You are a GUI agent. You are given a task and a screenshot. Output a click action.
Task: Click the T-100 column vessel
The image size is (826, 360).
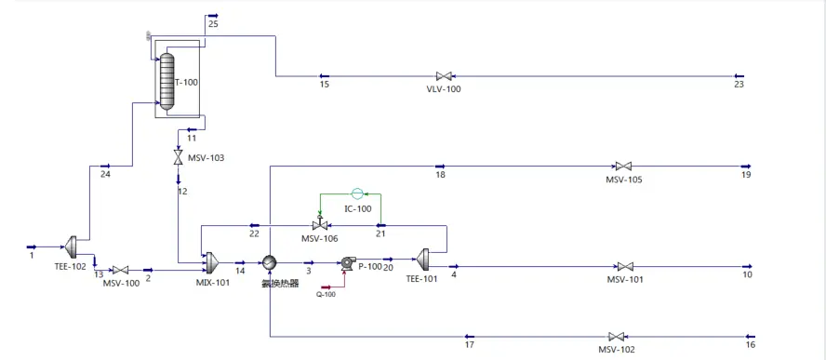pyautogui.click(x=167, y=82)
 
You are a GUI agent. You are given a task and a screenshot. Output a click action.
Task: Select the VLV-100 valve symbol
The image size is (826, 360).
pyautogui.click(x=444, y=76)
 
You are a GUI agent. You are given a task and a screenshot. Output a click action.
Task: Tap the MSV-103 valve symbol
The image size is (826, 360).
pyautogui.click(x=179, y=158)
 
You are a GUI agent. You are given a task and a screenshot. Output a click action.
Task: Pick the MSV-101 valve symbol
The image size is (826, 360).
pyautogui.click(x=625, y=266)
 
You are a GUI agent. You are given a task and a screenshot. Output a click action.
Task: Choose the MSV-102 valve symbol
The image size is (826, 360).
pyautogui.click(x=615, y=337)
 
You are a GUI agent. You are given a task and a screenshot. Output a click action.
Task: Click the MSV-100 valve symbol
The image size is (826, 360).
pyautogui.click(x=120, y=271)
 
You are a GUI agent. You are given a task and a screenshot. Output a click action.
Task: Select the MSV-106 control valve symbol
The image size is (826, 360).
pyautogui.click(x=319, y=226)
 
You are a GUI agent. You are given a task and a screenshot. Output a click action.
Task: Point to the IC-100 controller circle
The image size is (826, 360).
pyautogui.click(x=357, y=193)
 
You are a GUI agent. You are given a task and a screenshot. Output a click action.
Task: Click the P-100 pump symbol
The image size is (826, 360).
pyautogui.click(x=349, y=263)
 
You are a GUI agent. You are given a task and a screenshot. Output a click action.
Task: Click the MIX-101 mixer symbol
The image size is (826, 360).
pyautogui.click(x=209, y=260)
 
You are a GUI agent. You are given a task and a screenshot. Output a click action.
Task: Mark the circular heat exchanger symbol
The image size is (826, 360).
pyautogui.click(x=269, y=263)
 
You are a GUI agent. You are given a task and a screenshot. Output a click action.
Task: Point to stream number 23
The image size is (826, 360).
pyautogui.click(x=739, y=85)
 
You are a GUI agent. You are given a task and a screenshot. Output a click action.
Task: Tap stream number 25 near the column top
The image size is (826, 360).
pyautogui.click(x=213, y=23)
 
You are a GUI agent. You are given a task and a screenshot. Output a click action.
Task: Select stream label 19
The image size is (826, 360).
pyautogui.click(x=745, y=174)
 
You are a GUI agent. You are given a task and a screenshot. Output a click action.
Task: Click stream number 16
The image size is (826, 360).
pyautogui.click(x=750, y=344)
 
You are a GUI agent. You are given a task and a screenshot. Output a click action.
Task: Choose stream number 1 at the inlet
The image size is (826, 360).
pyautogui.click(x=31, y=254)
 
